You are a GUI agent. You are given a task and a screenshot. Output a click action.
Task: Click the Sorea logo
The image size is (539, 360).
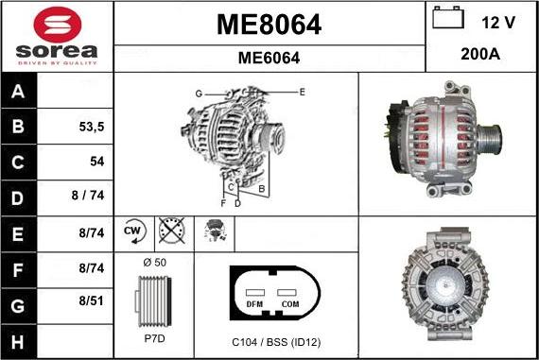coord(56,36)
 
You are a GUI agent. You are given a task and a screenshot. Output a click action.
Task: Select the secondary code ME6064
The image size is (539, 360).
coord(269,58)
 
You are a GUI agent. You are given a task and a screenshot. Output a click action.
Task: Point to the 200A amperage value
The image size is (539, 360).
coord(479,55)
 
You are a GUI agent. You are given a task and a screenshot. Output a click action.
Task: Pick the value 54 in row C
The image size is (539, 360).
coord(96,162)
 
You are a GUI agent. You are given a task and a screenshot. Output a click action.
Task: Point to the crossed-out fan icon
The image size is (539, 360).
coord(171,231)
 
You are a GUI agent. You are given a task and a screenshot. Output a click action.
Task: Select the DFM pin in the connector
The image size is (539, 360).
coord(254,305)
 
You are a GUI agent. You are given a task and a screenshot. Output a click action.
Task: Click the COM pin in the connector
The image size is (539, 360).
coord(289,305)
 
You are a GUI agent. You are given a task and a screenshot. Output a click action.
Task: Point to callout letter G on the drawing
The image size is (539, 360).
coord(199,94)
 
